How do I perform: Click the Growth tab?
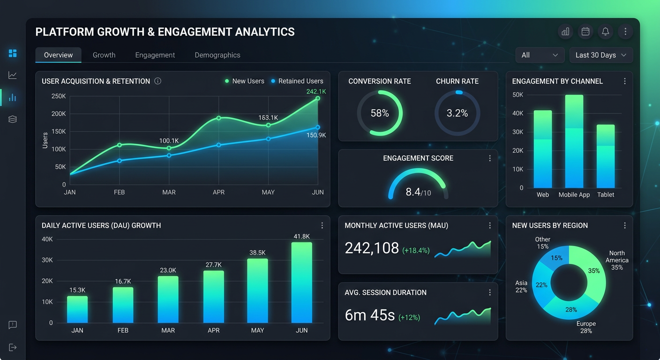(x=104, y=55)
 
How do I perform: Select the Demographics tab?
(x=217, y=55)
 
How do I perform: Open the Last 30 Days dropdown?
(x=601, y=55)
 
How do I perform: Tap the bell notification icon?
(x=605, y=31)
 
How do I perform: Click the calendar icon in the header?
(x=585, y=31)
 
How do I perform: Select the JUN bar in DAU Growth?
(x=301, y=283)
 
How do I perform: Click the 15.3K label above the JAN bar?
(x=77, y=290)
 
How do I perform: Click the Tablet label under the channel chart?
(x=606, y=195)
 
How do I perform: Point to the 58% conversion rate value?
(x=380, y=113)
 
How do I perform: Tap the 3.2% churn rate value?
(x=457, y=113)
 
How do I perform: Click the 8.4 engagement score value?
(x=413, y=192)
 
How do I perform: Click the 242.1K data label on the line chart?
(x=316, y=91)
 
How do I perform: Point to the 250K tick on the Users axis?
(x=59, y=96)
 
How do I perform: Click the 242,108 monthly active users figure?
(x=372, y=248)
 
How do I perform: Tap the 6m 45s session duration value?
(x=370, y=315)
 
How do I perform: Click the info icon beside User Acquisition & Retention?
(x=158, y=81)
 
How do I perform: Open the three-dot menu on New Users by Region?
(x=625, y=225)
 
